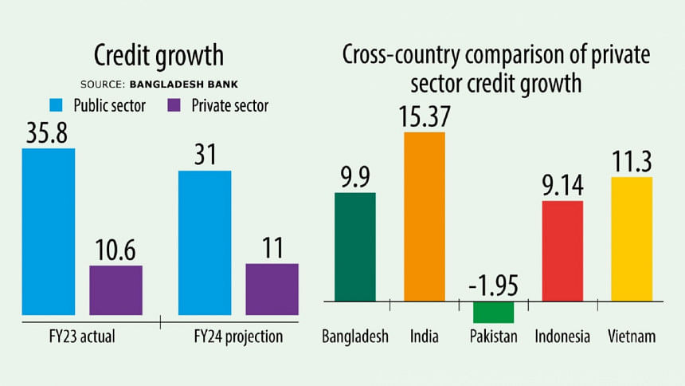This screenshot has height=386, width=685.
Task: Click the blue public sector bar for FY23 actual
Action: (x=48, y=231)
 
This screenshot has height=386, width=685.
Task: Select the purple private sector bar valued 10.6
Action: (x=115, y=289)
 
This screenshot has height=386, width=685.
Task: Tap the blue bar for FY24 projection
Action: (x=205, y=242)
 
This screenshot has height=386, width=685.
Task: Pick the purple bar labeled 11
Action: (x=272, y=289)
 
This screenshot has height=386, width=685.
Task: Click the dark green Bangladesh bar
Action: (x=354, y=247)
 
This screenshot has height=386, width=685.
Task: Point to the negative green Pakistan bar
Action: (x=493, y=312)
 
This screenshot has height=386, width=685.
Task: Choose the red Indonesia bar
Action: (x=562, y=251)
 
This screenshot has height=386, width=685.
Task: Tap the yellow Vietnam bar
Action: (x=632, y=239)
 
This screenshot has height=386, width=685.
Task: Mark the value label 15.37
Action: (x=424, y=116)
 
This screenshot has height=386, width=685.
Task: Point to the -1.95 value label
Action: (x=493, y=285)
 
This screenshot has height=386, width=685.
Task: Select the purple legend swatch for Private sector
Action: (x=176, y=105)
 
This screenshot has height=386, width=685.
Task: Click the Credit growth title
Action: (x=159, y=56)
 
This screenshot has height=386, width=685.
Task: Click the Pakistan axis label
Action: (x=494, y=337)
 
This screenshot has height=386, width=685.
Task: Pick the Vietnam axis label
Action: (x=631, y=337)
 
